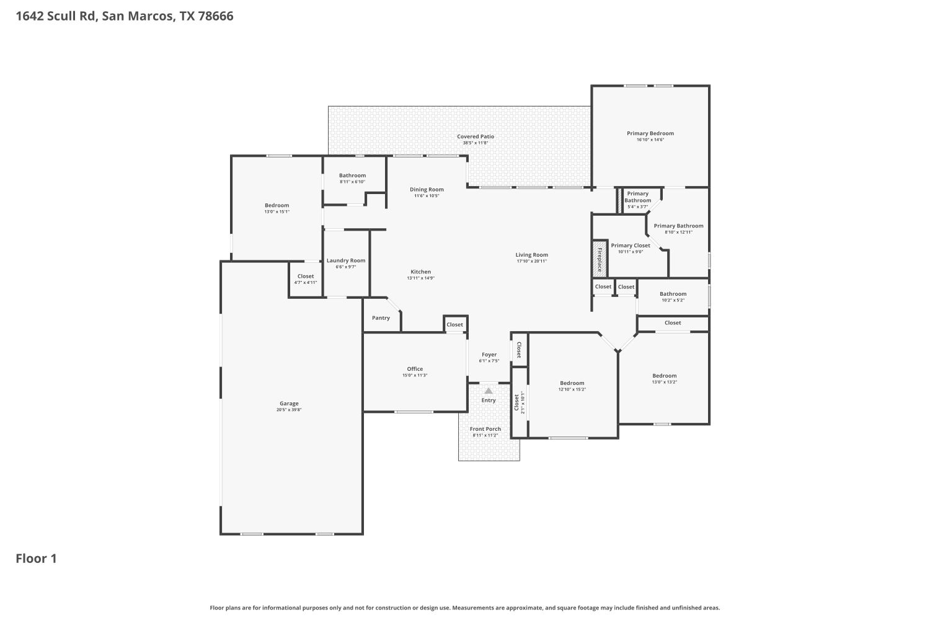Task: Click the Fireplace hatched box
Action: click(600, 257)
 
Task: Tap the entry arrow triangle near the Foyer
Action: click(489, 391)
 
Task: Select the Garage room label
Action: click(289, 404)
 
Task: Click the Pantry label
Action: click(381, 318)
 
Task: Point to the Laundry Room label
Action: click(346, 260)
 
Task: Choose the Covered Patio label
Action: click(476, 136)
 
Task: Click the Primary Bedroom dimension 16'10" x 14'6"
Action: click(650, 140)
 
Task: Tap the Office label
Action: click(415, 369)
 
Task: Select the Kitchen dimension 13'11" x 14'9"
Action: click(420, 278)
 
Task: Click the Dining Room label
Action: click(427, 190)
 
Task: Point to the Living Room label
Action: click(532, 255)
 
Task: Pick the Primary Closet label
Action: click(631, 246)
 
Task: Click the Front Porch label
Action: click(485, 429)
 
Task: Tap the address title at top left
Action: click(125, 17)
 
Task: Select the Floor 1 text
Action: click(36, 559)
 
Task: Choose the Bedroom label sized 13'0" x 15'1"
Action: click(277, 205)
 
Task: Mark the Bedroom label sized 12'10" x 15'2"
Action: click(572, 383)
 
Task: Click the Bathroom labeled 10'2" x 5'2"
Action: click(673, 294)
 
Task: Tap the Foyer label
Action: click(489, 355)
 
